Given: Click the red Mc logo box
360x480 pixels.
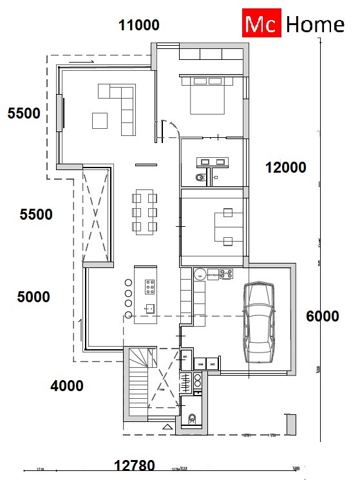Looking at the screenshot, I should [x=261, y=24].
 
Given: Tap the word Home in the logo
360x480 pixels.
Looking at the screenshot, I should [x=314, y=24].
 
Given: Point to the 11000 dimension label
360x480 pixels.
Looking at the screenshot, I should [x=138, y=25].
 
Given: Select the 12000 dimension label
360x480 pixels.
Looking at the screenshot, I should [x=285, y=168].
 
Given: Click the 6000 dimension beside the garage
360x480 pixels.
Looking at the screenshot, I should [x=322, y=316].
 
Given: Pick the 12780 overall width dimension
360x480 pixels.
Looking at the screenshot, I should [x=134, y=465].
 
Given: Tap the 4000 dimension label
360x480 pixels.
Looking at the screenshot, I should [x=66, y=386].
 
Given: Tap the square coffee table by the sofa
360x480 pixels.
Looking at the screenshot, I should [x=100, y=120].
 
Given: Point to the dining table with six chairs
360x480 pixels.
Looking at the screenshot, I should [x=144, y=211].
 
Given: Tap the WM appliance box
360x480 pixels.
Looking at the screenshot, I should [x=200, y=364].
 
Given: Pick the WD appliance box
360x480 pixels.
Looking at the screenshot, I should [x=213, y=364].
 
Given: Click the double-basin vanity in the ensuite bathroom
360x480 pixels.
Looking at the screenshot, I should [x=213, y=161].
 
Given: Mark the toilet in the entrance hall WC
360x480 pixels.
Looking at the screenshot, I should [x=191, y=419].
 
